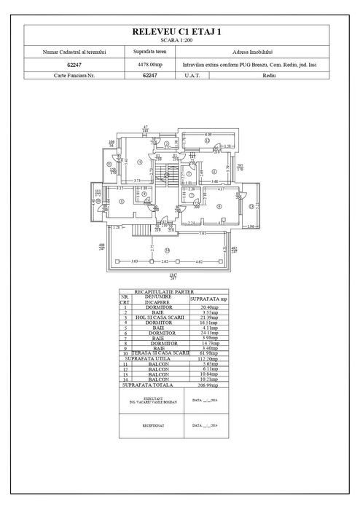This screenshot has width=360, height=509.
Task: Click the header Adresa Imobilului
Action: pyautogui.click(x=250, y=52)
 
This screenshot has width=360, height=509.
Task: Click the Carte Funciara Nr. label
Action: pyautogui.click(x=69, y=75)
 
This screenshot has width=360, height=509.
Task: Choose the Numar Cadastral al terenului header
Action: pyautogui.click(x=69, y=52)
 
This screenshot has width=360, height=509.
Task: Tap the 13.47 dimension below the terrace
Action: pyautogui.click(x=172, y=275)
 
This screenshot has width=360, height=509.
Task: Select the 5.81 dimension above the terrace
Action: pyautogui.click(x=206, y=232)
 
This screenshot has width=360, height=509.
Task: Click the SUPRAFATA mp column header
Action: pyautogui.click(x=208, y=299)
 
